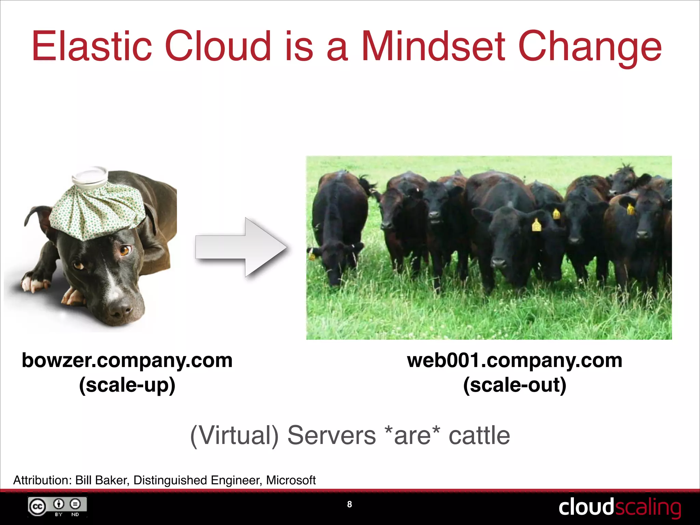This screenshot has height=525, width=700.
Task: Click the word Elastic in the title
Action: pyautogui.click(x=92, y=46)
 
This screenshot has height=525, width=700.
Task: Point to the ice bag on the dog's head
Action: pyautogui.click(x=97, y=208)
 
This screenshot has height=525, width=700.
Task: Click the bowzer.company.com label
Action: pyautogui.click(x=127, y=360)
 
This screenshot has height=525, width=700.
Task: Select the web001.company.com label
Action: pyautogui.click(x=514, y=360)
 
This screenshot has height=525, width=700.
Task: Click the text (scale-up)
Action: pyautogui.click(x=127, y=385)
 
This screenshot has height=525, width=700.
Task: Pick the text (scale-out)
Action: pyautogui.click(x=514, y=385)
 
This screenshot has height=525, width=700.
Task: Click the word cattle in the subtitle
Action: pyautogui.click(x=479, y=435)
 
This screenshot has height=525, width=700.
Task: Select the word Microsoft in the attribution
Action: pyautogui.click(x=291, y=480)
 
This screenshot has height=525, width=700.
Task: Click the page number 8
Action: pyautogui.click(x=349, y=504)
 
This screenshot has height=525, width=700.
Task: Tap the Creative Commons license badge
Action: pyautogui.click(x=57, y=507)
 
